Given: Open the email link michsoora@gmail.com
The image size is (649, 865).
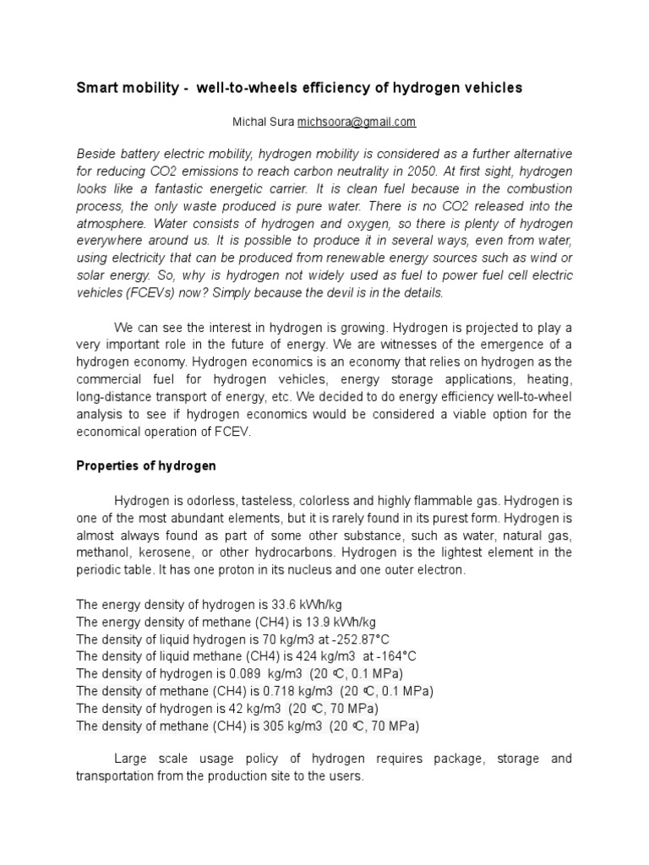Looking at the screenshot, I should pos(357,122).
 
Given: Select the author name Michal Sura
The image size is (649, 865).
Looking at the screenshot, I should pos(263,122).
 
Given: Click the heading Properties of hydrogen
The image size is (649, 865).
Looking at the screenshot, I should pos(146,465).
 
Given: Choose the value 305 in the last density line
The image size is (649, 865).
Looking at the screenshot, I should pos(272,726).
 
